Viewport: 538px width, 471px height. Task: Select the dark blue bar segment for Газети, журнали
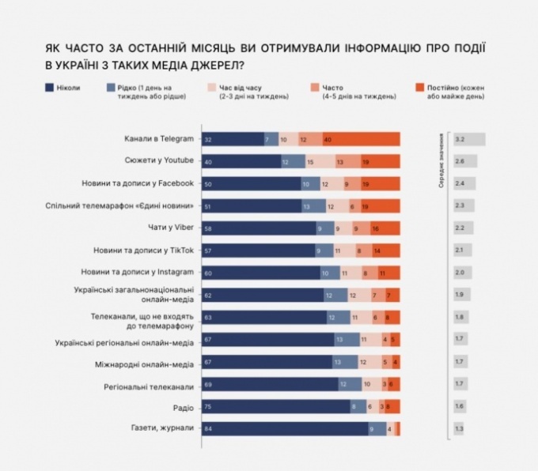coord(284,428)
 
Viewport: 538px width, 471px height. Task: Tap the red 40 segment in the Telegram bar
coord(361,139)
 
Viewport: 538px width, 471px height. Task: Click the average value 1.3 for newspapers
coord(460,428)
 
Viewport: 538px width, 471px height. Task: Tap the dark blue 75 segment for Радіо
coord(276,406)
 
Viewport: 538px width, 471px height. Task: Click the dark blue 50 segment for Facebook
coord(251,183)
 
